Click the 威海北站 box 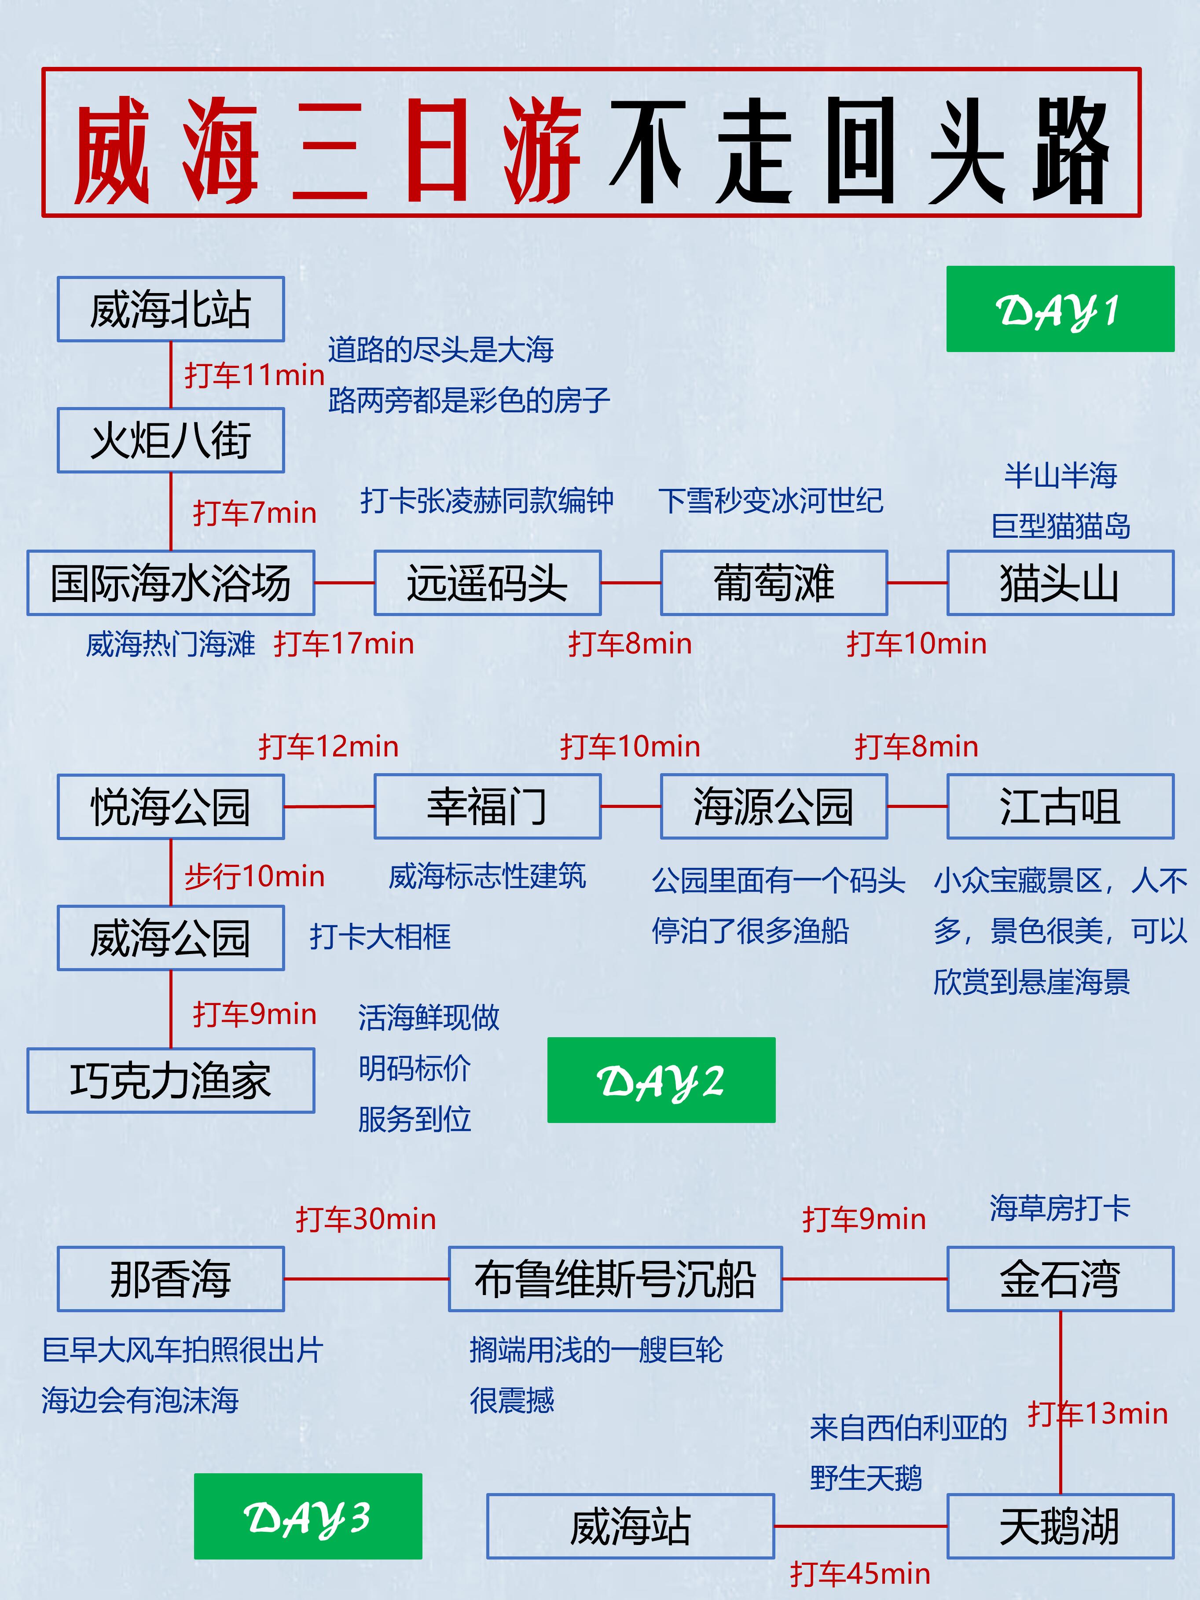[x=171, y=309]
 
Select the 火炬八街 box [x=171, y=440]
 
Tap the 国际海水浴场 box [x=171, y=583]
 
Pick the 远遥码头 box [x=487, y=583]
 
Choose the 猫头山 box [x=1060, y=583]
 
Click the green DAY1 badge [x=1060, y=309]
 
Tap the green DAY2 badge [x=661, y=1080]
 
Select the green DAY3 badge [x=308, y=1516]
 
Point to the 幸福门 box [x=487, y=807]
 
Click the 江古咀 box [x=1060, y=807]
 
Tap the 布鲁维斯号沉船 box [x=615, y=1279]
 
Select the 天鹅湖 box [x=1060, y=1526]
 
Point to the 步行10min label [x=254, y=877]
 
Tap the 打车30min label [x=365, y=1219]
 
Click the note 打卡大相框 [x=380, y=937]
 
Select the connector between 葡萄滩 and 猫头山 [x=917, y=582]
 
